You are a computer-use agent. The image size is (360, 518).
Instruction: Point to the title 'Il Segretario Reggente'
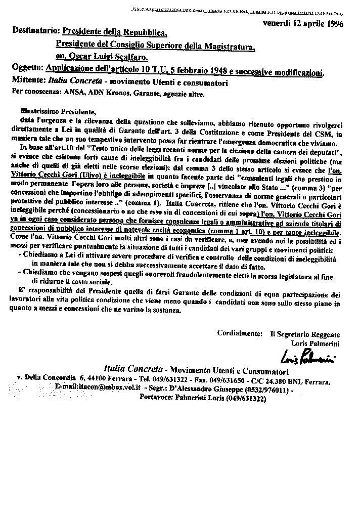click(304, 334)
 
